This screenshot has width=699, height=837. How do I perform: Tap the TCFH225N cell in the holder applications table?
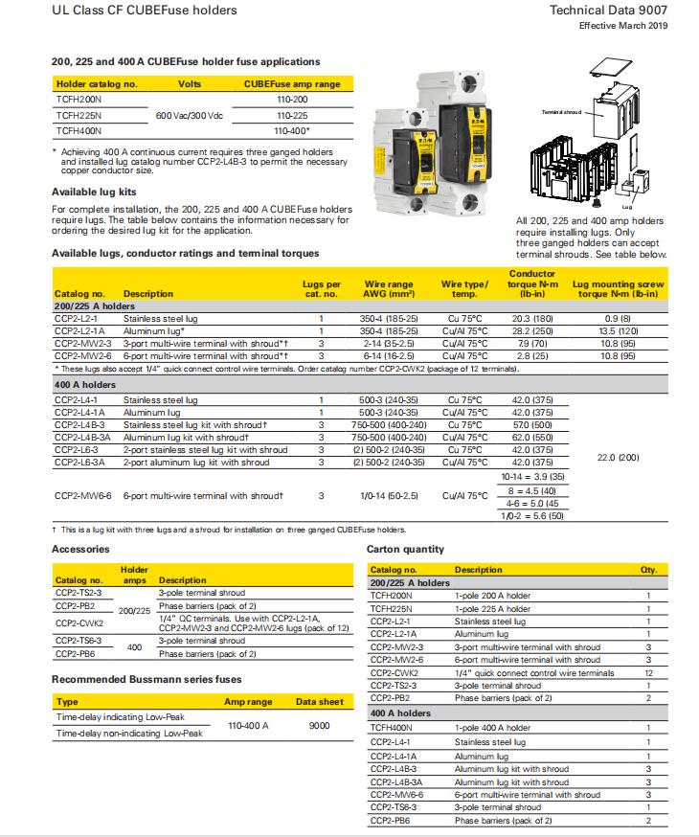pos(79,115)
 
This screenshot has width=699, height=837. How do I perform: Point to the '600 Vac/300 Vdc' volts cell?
pos(189,115)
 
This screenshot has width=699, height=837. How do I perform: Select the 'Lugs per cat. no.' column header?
pos(321,289)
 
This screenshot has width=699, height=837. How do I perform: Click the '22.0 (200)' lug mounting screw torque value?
pos(620,458)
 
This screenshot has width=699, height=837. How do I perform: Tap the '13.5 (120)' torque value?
pos(620,330)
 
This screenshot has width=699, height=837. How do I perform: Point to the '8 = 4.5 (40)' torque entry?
pos(533,489)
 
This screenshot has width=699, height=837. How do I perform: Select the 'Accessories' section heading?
pos(80,550)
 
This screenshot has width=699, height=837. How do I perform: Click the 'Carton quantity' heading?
pos(405,550)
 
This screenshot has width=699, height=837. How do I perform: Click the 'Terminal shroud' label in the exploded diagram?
pos(561,112)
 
